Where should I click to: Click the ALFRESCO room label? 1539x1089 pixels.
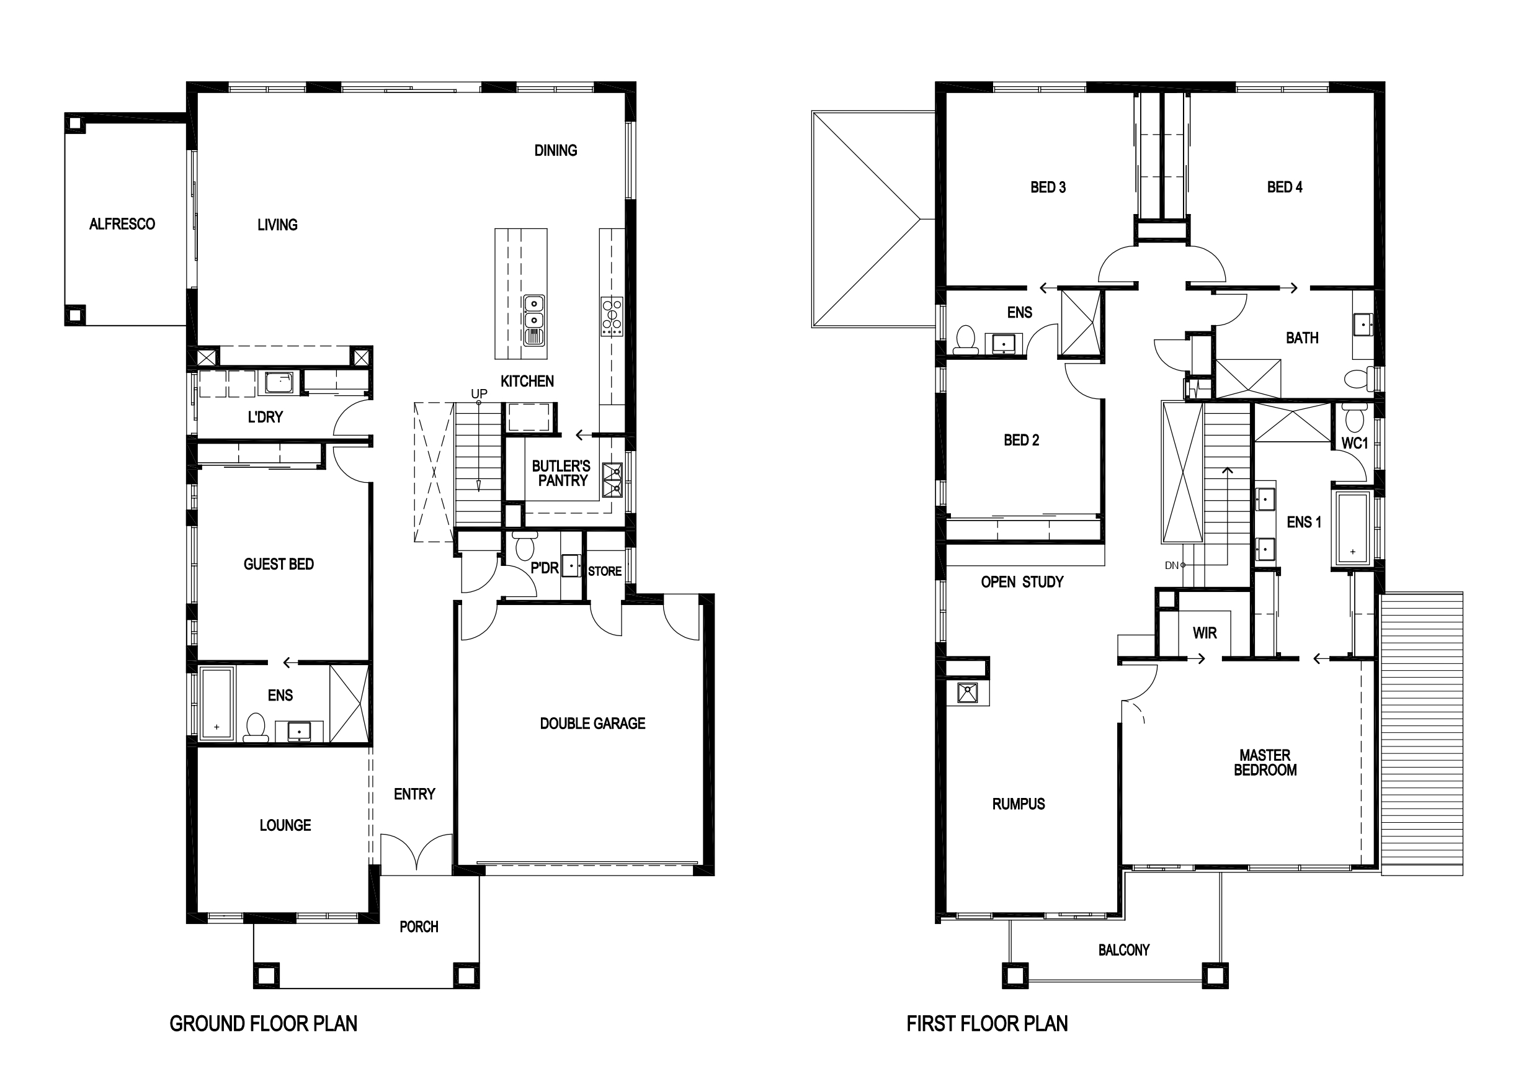pos(122,224)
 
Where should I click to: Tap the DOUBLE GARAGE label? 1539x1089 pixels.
pos(592,724)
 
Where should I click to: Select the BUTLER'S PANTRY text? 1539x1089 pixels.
pos(562,473)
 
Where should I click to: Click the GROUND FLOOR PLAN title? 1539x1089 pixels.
pos(264,1023)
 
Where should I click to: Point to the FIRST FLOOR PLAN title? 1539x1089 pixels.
pos(988,1023)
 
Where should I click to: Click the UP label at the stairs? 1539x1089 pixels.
pos(479,393)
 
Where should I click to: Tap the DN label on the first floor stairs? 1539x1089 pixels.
pos(1172,565)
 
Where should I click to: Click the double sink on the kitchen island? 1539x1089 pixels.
pos(533,320)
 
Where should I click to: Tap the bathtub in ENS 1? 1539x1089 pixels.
pos(1353,527)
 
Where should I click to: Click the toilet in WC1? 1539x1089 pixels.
pos(1355,417)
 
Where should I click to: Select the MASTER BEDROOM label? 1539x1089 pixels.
pos(1265,763)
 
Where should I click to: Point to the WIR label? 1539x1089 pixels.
pos(1205,633)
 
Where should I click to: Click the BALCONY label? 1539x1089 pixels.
pos(1124,950)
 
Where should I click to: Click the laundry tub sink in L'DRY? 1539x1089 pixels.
pos(279,383)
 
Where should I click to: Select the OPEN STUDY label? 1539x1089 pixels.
pos(1022,582)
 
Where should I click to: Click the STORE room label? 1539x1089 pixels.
pos(605,571)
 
